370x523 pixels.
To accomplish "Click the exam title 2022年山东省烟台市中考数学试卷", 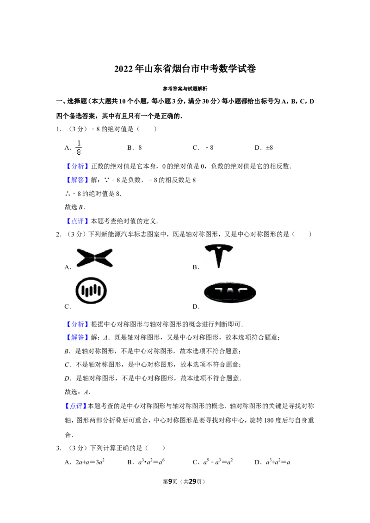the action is click(185, 69).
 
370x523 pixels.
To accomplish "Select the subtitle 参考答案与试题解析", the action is click(185, 89).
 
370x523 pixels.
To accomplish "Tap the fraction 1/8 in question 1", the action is click(79, 147).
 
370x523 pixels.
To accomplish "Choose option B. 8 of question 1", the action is click(135, 147).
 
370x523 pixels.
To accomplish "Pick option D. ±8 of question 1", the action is click(264, 147).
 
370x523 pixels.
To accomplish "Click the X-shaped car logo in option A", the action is click(95, 258).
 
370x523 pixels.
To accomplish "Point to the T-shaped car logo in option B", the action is click(219, 256).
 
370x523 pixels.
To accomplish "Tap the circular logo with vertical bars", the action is click(91, 291).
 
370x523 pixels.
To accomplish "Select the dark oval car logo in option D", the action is click(230, 292).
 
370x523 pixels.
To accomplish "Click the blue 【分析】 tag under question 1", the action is click(78, 166).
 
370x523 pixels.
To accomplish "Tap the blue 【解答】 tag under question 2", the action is click(78, 338).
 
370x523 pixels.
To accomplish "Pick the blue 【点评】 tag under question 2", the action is click(75, 406).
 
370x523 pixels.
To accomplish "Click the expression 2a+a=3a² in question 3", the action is click(90, 462).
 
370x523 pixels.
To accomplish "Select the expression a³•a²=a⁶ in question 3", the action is click(152, 462).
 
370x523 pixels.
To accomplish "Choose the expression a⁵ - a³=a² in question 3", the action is click(218, 462).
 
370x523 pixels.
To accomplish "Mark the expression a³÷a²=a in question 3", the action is click(278, 462).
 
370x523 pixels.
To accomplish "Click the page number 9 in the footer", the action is click(170, 481).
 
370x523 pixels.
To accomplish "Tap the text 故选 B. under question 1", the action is click(75, 207).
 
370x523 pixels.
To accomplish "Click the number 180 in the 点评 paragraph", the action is click(269, 420).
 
